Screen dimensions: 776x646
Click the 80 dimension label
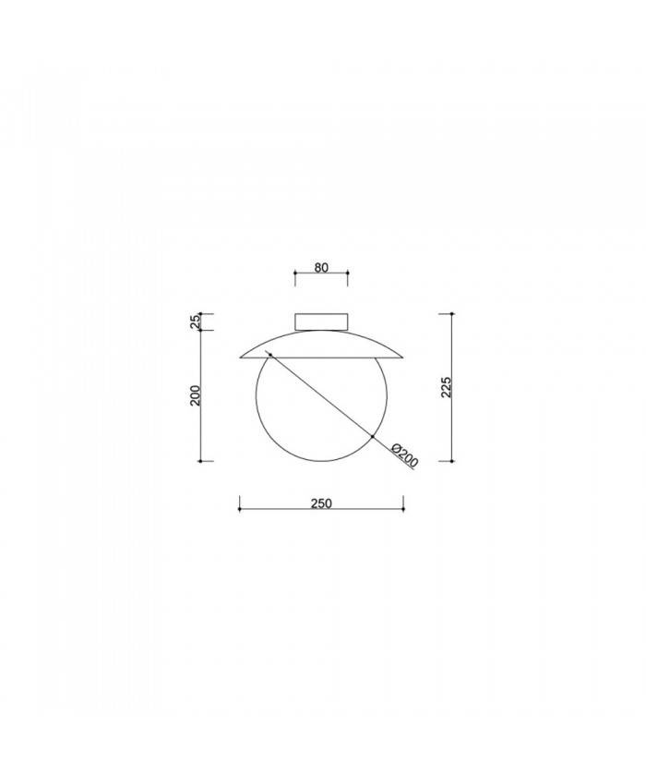(321, 268)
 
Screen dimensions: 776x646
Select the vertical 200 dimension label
(195, 394)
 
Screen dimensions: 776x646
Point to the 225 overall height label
(446, 387)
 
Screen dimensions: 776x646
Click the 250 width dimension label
(321, 504)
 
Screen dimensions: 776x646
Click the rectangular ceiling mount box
(321, 321)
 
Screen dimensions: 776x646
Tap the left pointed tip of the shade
(240, 356)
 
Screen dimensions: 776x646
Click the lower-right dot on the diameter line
(372, 437)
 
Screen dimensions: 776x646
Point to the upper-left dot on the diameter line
(269, 357)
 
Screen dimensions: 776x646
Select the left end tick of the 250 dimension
(240, 504)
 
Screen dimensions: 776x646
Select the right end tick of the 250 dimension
(403, 504)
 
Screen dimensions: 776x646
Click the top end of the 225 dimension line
(452, 314)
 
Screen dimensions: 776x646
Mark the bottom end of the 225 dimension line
(452, 460)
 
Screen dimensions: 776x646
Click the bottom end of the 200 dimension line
(202, 460)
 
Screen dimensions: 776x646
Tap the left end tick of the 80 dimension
(294, 273)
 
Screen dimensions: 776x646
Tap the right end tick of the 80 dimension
(348, 273)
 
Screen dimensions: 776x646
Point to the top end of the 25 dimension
(202, 314)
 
